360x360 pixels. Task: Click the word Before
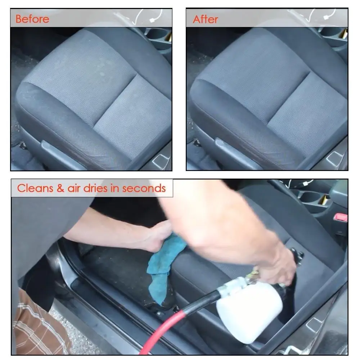(32, 19)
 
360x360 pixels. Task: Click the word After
(206, 19)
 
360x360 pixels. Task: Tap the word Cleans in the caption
(35, 188)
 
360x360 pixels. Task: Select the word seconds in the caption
(144, 188)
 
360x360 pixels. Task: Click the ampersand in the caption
(60, 188)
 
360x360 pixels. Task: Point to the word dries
(95, 188)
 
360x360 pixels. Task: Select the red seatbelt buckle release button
(341, 217)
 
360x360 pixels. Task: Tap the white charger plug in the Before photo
(152, 20)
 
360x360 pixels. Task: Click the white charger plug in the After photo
(327, 17)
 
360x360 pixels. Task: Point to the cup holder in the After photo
(333, 35)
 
